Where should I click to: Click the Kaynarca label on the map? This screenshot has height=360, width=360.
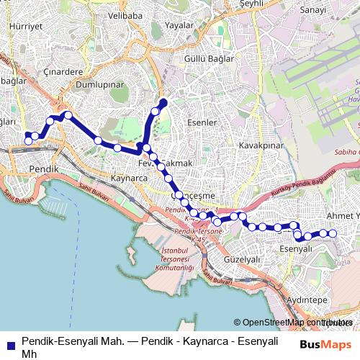(130, 176)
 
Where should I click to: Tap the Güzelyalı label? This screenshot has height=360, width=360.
(241, 258)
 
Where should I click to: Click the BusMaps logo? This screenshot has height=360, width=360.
(326, 343)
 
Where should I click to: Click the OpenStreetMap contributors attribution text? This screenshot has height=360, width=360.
(294, 323)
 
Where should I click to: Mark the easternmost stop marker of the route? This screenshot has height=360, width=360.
(333, 233)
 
